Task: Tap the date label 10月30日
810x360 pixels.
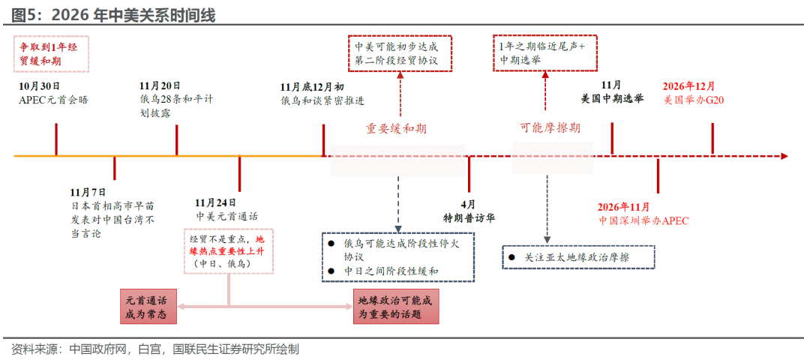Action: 40,85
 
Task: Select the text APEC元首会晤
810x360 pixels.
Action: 53,100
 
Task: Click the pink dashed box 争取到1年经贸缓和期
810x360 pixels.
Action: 52,54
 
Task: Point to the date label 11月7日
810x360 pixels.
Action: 88,192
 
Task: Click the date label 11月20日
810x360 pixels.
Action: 160,85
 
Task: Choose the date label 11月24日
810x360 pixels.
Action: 215,202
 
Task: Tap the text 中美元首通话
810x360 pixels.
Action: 226,216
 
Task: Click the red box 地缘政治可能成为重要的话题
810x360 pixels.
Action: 396,306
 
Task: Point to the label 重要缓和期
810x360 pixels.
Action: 397,128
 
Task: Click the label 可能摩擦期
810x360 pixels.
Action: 550,128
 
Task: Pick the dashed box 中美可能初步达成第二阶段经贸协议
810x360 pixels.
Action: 400,52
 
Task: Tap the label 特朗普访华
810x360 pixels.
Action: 468,217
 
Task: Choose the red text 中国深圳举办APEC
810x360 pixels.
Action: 643,220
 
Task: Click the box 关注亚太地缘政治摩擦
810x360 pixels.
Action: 578,257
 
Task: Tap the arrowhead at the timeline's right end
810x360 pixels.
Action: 784,156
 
